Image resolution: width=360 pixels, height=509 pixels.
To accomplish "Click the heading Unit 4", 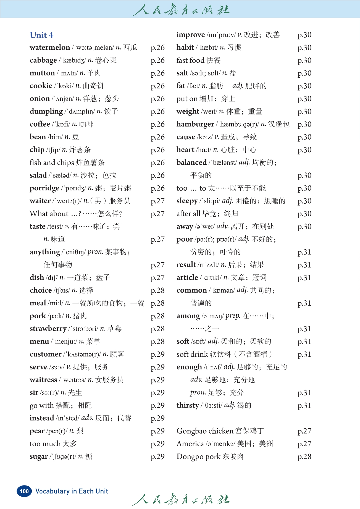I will [41, 35].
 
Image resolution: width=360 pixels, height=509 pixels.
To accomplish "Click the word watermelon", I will [50, 48].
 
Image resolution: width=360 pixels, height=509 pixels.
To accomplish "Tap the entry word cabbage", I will [43, 60].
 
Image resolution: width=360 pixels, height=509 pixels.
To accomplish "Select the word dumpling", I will [46, 111].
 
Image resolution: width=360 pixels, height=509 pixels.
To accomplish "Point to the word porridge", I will [44, 188].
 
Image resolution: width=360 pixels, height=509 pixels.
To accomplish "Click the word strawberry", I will [48, 329].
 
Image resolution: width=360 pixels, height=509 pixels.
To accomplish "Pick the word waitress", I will [43, 380].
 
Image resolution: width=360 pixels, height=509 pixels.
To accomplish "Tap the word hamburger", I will [195, 124].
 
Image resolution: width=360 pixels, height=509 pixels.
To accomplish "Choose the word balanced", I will [191, 162].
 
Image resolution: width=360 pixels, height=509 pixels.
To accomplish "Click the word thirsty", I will [188, 405].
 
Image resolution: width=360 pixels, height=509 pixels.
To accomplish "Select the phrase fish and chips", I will [52, 162].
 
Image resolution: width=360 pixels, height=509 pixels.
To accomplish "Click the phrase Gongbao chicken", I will [205, 431].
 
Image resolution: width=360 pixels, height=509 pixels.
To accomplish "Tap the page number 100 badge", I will [24, 491].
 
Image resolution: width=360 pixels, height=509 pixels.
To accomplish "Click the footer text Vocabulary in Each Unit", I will [72, 491].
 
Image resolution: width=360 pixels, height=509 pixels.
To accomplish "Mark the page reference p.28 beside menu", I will [157, 342].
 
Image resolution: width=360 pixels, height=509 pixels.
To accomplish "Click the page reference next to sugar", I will [157, 456].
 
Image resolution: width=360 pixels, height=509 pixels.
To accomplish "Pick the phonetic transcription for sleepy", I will [210, 201].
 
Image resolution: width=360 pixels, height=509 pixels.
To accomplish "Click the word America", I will [190, 444].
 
